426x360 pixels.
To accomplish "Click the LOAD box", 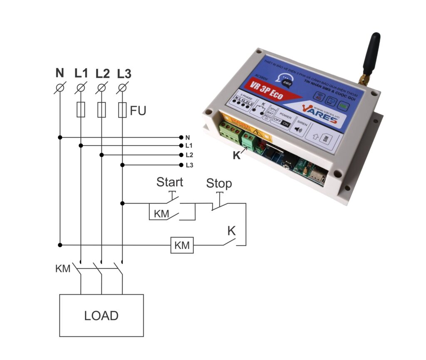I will click(102, 315).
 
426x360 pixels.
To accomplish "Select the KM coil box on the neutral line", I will click(182, 245).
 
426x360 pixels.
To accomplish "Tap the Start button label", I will click(169, 182).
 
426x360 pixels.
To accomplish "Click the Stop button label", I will click(219, 183).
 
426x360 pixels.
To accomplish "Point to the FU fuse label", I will click(138, 111).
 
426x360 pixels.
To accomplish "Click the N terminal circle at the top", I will click(60, 88).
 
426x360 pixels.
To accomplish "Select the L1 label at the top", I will click(81, 74).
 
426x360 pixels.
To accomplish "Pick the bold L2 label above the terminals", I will click(102, 74).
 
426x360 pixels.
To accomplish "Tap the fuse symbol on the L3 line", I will click(122, 110).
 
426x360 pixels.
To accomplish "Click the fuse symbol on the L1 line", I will click(81, 110).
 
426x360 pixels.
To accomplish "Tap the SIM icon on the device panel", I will click(326, 138).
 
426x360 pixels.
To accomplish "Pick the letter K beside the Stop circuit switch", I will click(231, 231).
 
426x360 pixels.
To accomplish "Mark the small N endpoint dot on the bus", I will click(181, 137).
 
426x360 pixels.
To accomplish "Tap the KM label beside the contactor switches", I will click(62, 269).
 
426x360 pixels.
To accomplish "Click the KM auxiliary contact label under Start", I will click(161, 214).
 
